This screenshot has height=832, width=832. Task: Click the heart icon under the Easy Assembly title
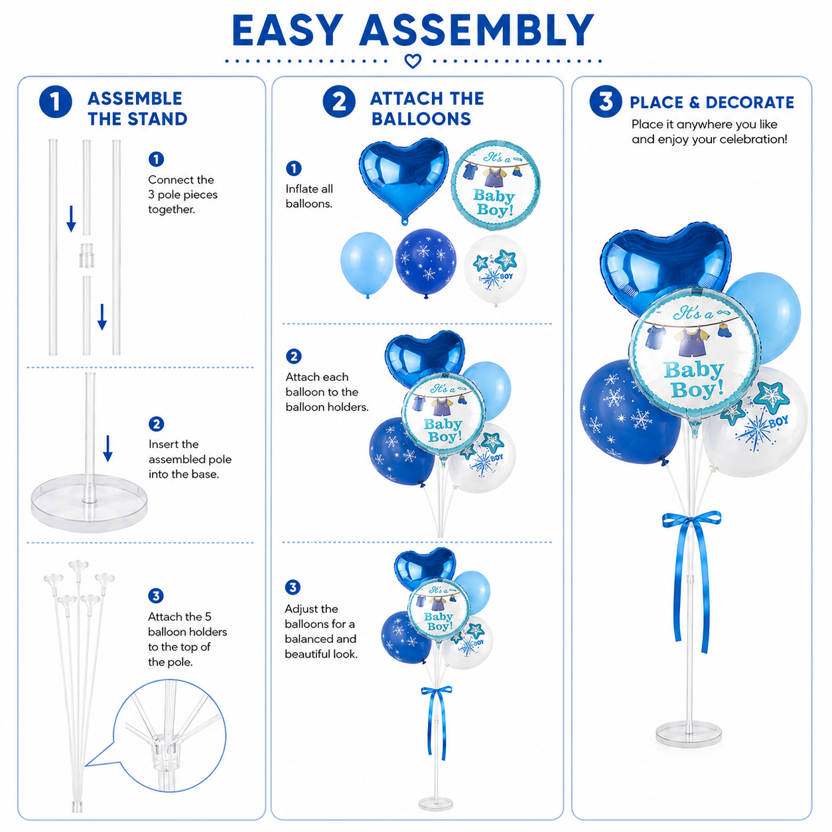coord(413,61)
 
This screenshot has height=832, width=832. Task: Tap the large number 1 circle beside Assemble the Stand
coord(55,102)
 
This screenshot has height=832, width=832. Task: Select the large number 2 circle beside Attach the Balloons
coord(339,102)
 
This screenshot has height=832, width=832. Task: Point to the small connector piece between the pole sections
coord(86,255)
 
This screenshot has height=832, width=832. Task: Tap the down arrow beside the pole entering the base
coord(107,448)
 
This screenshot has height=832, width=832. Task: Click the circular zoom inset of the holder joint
coord(169,735)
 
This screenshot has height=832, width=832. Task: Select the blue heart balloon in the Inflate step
coord(403,180)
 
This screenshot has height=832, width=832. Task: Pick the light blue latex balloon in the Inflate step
coord(366,264)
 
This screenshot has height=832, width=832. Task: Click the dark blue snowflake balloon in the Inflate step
coord(426,263)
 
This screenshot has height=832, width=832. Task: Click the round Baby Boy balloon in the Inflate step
coord(496,184)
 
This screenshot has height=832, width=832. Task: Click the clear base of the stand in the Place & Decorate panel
coord(689,733)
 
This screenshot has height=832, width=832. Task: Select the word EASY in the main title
coord(287,31)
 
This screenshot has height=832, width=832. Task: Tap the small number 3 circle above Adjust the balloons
coord(293,587)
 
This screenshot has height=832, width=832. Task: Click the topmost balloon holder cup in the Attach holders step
coord(78,565)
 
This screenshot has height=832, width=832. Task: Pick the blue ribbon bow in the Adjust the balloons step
coord(437,720)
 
